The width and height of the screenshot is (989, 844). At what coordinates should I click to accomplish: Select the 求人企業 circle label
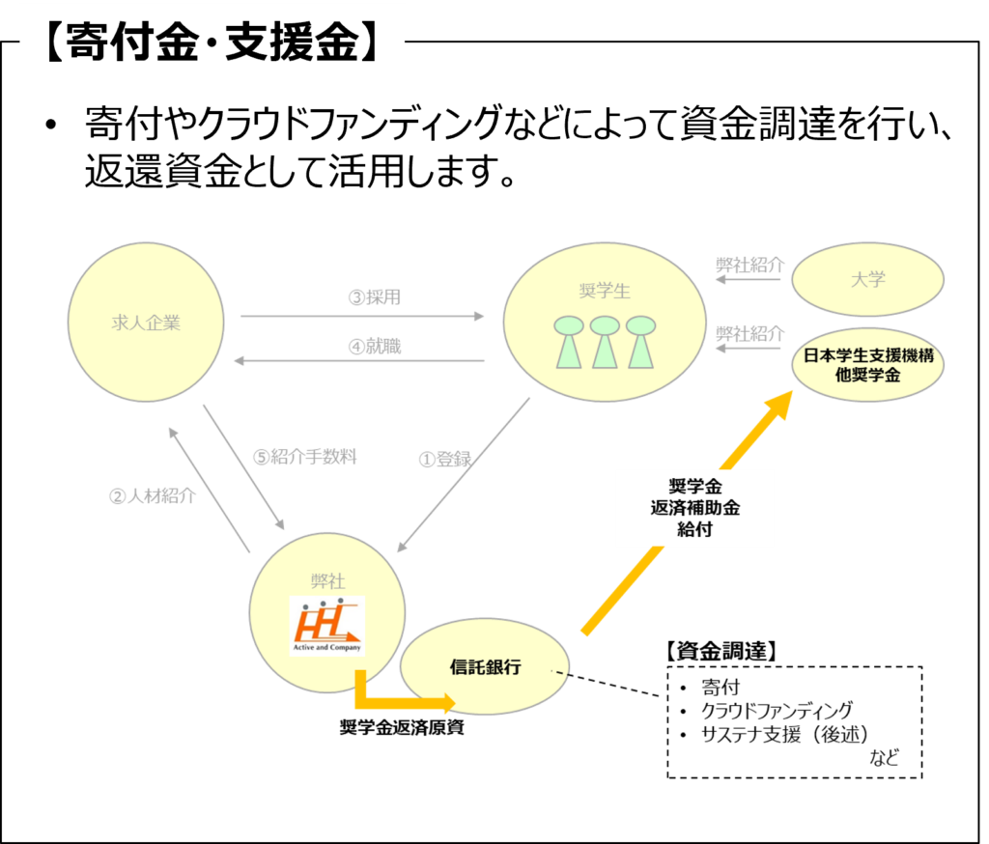click(x=146, y=324)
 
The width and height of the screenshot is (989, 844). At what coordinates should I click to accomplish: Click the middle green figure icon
click(x=605, y=342)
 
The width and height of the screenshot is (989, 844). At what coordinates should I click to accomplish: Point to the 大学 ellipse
click(x=867, y=280)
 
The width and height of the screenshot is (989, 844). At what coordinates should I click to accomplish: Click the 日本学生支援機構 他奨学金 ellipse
click(x=867, y=365)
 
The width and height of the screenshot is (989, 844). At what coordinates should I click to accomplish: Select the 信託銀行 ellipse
click(x=485, y=667)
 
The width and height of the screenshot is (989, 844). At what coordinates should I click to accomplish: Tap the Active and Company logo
click(x=326, y=627)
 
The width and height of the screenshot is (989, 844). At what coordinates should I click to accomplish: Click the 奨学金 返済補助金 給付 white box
click(x=694, y=507)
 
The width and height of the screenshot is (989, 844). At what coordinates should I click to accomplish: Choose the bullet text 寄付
click(x=721, y=689)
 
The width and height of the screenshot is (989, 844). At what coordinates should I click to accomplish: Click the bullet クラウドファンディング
click(x=777, y=711)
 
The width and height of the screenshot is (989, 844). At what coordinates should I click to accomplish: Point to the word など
click(x=884, y=758)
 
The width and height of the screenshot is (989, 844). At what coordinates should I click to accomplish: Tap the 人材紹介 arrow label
click(x=153, y=496)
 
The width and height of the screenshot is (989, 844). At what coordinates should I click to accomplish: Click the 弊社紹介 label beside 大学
click(x=749, y=265)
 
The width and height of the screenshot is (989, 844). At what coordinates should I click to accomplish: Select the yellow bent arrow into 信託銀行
click(x=396, y=701)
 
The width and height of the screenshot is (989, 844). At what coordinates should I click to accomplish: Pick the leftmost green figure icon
click(x=568, y=342)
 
